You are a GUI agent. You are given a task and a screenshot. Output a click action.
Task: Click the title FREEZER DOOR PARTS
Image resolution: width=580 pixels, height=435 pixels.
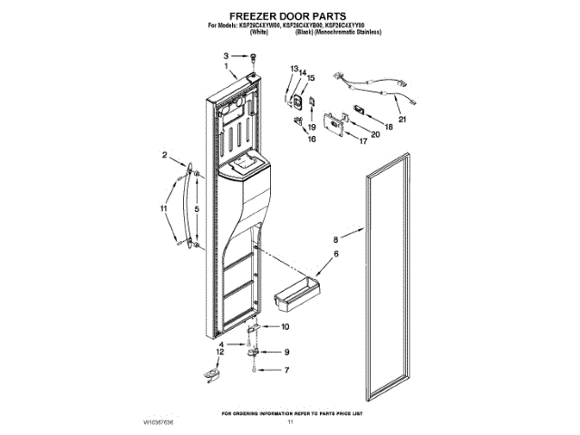(291, 15)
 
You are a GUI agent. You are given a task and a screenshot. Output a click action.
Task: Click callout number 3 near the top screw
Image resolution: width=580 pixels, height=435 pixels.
(227, 56)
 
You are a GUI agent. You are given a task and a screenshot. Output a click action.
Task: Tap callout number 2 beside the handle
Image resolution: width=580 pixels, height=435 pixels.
(165, 156)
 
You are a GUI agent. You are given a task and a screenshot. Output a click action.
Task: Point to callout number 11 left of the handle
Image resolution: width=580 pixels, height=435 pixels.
(164, 209)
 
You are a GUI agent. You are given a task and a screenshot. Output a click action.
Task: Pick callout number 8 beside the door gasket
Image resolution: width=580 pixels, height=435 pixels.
(335, 239)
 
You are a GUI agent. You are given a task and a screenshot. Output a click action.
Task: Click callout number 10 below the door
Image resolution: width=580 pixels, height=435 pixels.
(285, 326)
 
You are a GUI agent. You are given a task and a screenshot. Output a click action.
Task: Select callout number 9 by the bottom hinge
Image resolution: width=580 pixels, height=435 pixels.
(285, 352)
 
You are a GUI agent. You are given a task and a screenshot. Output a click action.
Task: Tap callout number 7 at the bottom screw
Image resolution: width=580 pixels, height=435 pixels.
(285, 370)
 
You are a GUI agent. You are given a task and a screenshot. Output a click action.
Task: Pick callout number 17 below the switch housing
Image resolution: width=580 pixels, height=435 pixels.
(363, 141)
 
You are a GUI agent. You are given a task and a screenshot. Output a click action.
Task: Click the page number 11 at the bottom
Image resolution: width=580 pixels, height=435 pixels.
(291, 422)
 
